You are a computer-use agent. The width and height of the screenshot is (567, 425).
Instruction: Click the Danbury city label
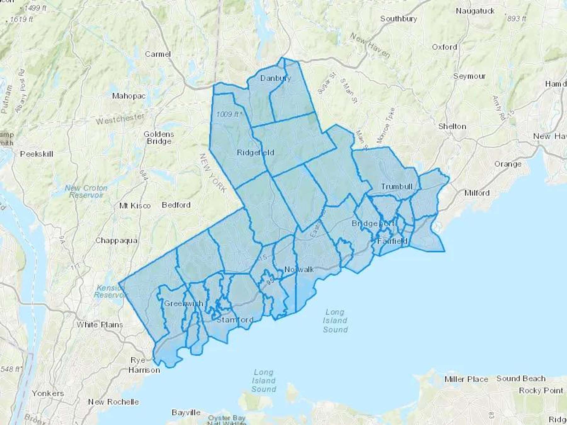[276, 78]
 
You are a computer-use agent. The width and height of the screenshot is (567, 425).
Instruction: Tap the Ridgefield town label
[255, 153]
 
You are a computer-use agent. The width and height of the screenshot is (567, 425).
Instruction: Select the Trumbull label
[397, 187]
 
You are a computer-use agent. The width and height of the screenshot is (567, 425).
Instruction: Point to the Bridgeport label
[373, 224]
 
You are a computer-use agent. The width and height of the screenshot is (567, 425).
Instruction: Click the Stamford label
[235, 320]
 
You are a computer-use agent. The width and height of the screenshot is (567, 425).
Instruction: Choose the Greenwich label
[184, 303]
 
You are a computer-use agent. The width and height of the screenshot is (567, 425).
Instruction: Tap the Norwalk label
[299, 269]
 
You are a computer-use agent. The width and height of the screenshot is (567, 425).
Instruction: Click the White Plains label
[100, 325]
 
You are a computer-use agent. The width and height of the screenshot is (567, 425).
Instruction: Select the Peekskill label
[37, 154]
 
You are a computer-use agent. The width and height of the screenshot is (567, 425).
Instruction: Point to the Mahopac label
[129, 96]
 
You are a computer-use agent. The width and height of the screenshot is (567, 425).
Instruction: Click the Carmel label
[158, 54]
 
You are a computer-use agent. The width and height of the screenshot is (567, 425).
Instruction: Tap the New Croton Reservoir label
[86, 191]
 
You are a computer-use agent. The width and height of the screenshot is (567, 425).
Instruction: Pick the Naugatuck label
[475, 11]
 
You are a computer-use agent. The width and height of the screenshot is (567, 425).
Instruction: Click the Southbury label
[398, 19]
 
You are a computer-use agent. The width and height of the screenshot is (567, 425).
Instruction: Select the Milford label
[477, 193]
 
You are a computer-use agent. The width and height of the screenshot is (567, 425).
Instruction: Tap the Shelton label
[452, 126]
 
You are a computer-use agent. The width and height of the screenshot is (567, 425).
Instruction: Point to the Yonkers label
[48, 393]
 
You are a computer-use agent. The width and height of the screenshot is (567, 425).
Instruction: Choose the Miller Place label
[466, 379]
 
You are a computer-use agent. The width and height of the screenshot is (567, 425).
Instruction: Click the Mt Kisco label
[135, 206]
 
